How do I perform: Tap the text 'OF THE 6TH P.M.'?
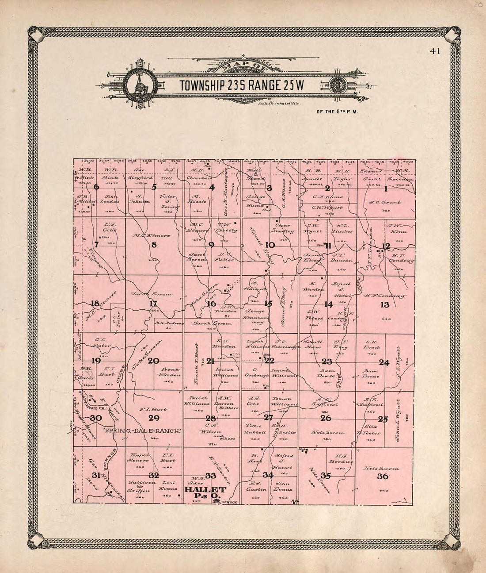tap(337, 112)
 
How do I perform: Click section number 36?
tap(383, 477)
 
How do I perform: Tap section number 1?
tap(385, 189)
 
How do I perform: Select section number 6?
tap(96, 187)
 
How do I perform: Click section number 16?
tap(212, 304)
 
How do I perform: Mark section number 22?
tap(269, 360)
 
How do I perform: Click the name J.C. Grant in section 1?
tap(385, 203)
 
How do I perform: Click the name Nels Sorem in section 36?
tap(383, 468)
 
